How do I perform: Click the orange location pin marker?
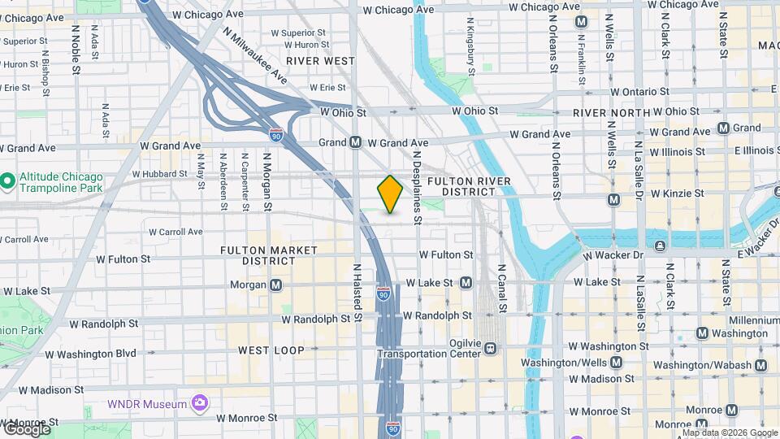tap(390, 194)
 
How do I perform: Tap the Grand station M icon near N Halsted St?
tap(355, 142)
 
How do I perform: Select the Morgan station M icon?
tap(276, 285)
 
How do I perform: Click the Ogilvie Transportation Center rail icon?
tap(490, 348)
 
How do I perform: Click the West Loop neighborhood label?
tap(271, 350)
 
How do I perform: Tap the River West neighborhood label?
tap(320, 61)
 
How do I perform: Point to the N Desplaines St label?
tap(417, 187)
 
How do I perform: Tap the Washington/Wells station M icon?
tap(616, 363)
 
